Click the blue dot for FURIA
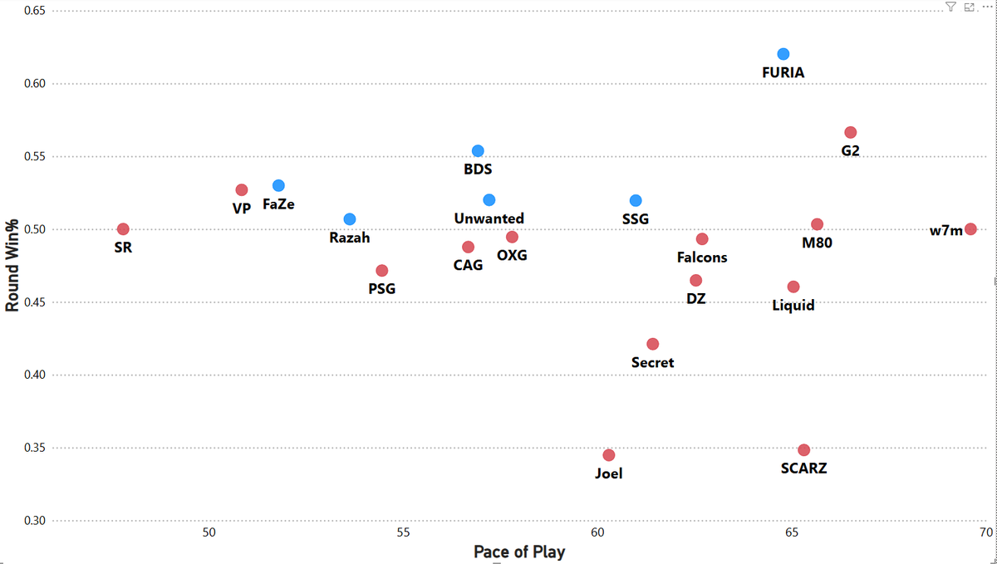tap(783, 54)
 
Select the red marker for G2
tap(850, 133)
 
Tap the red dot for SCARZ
tap(803, 450)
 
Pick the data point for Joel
tap(609, 455)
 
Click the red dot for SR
tap(123, 229)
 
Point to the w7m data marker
tap(970, 229)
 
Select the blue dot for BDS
tap(478, 151)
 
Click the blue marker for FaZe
tap(278, 185)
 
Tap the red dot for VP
tap(242, 190)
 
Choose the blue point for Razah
tap(350, 219)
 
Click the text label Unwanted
tap(489, 218)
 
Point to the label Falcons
tap(702, 257)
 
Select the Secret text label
tap(652, 362)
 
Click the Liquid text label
tap(793, 306)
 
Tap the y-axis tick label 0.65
tap(32, 12)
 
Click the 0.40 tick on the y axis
tap(32, 375)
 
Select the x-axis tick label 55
tap(403, 532)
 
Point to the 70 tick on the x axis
tap(985, 532)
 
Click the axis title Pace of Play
tap(518, 552)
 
